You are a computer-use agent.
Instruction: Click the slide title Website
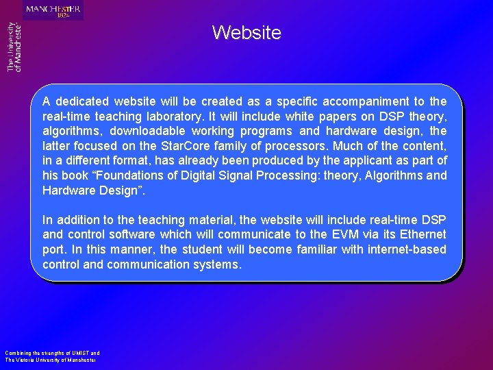pos(246,32)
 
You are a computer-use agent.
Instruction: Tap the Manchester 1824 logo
pos(53,10)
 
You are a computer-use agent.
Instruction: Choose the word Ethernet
pos(420,235)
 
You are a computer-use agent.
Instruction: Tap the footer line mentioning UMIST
pos(52,354)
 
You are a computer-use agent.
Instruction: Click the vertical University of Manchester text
pos(14,47)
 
